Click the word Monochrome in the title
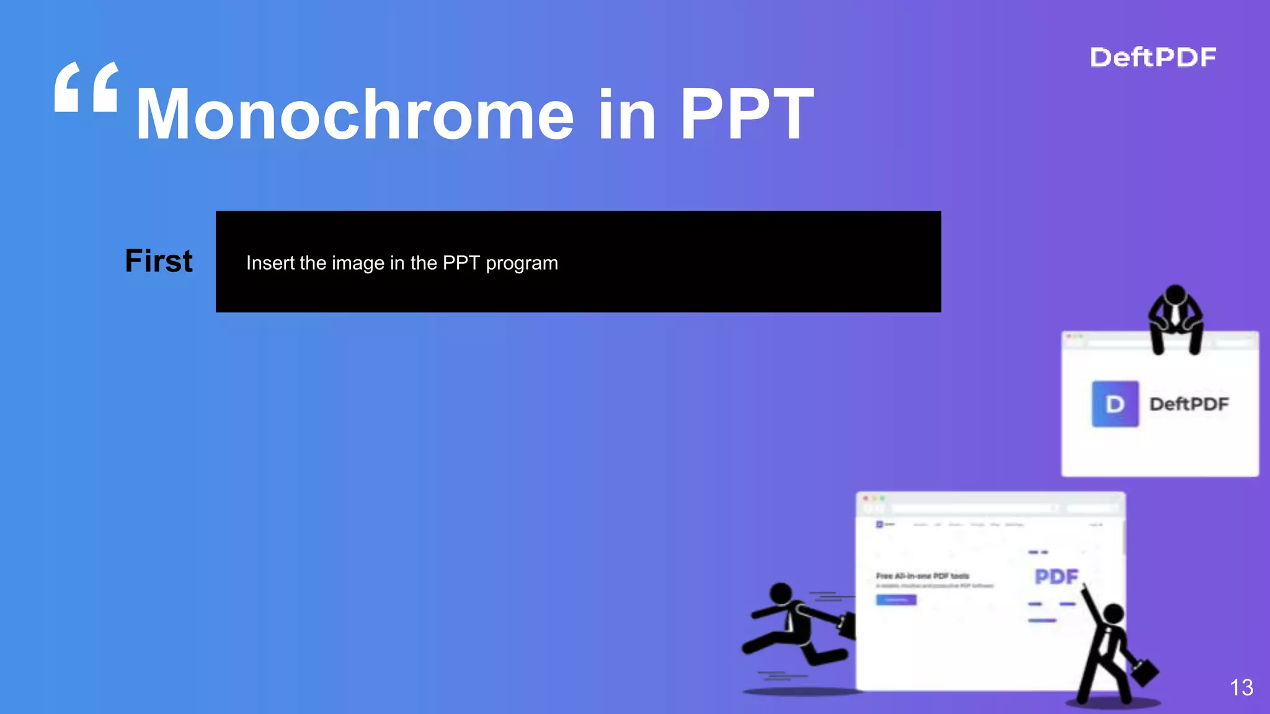tap(355, 115)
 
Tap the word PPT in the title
tap(747, 115)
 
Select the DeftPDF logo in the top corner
tap(1153, 58)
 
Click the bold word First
tap(159, 261)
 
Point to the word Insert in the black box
tap(270, 263)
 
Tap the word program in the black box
tap(522, 264)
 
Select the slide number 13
tap(1241, 687)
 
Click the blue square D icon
tap(1115, 404)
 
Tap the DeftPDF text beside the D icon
tap(1189, 404)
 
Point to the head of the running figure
tap(781, 593)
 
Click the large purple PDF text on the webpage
tap(1057, 577)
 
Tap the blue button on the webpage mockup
tap(896, 600)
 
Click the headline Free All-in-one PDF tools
tap(922, 576)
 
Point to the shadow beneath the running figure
tap(800, 691)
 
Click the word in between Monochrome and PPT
tap(627, 115)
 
